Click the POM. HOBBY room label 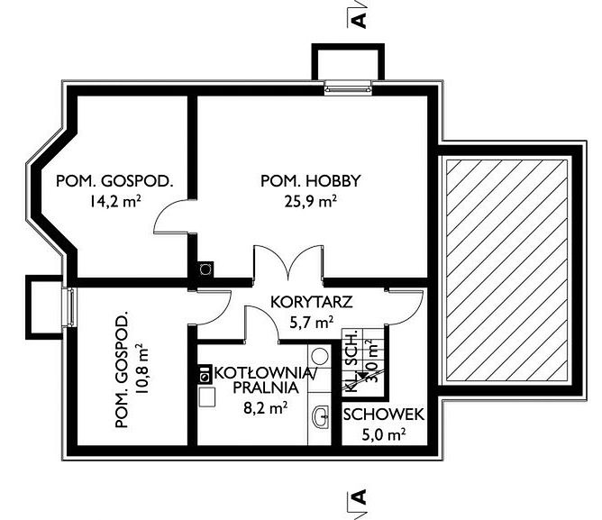tap(311, 180)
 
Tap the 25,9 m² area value tap(311, 201)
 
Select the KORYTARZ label tap(312, 302)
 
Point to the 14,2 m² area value tap(114, 201)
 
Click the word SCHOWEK tap(384, 415)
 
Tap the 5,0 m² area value tap(384, 435)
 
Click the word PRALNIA tap(266, 388)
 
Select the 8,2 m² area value tap(266, 408)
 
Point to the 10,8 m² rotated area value tap(141, 369)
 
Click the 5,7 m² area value tap(312, 323)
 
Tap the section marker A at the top tap(358, 19)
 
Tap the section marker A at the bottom tap(358, 497)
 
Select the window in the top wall tap(348, 87)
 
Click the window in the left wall tap(69, 307)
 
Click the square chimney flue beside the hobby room tap(205, 269)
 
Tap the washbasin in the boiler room tap(321, 416)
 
